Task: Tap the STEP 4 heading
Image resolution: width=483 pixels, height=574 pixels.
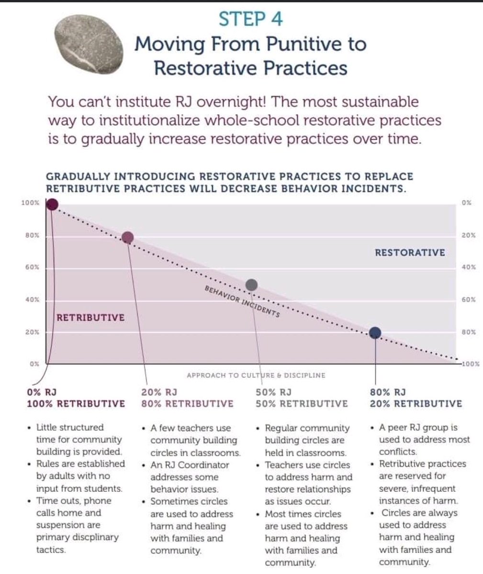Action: pyautogui.click(x=250, y=19)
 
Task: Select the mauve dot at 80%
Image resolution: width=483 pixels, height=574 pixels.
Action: pyautogui.click(x=128, y=237)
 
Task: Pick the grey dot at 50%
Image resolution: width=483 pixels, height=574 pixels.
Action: pyautogui.click(x=251, y=285)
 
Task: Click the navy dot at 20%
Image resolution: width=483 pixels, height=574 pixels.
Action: pyautogui.click(x=375, y=332)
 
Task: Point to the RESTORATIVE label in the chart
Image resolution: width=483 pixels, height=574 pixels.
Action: pyautogui.click(x=410, y=253)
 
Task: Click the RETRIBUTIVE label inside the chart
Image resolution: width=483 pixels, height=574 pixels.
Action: pyautogui.click(x=90, y=318)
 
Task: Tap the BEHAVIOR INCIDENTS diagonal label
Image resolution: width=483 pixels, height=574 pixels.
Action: pyautogui.click(x=242, y=303)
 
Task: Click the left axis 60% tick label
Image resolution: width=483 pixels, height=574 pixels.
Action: pyautogui.click(x=32, y=268)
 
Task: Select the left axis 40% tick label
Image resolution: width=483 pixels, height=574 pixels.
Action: pyautogui.click(x=32, y=300)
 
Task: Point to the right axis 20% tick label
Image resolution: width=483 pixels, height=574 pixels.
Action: pyautogui.click(x=469, y=235)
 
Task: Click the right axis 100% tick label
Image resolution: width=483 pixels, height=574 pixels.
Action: pyautogui.click(x=471, y=364)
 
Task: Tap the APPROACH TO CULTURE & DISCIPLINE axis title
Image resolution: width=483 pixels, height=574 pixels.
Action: pyautogui.click(x=256, y=375)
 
